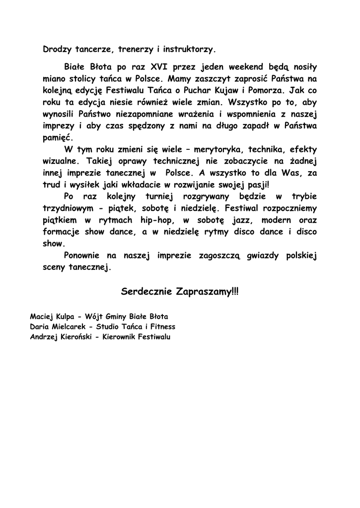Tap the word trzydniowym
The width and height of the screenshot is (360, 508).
[x=72, y=208]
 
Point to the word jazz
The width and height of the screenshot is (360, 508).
[x=243, y=220]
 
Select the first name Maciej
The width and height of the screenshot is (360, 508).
[x=42, y=316]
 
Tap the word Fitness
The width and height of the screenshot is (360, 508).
[x=160, y=327]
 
